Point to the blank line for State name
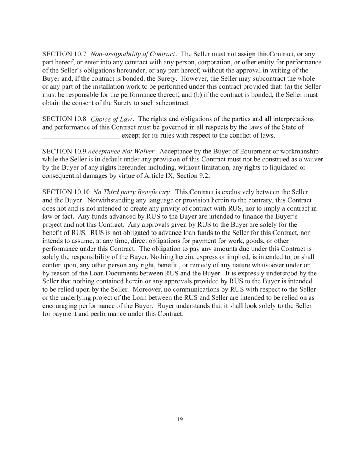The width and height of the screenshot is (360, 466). (81, 136)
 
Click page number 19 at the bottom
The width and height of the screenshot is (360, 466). (180, 419)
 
